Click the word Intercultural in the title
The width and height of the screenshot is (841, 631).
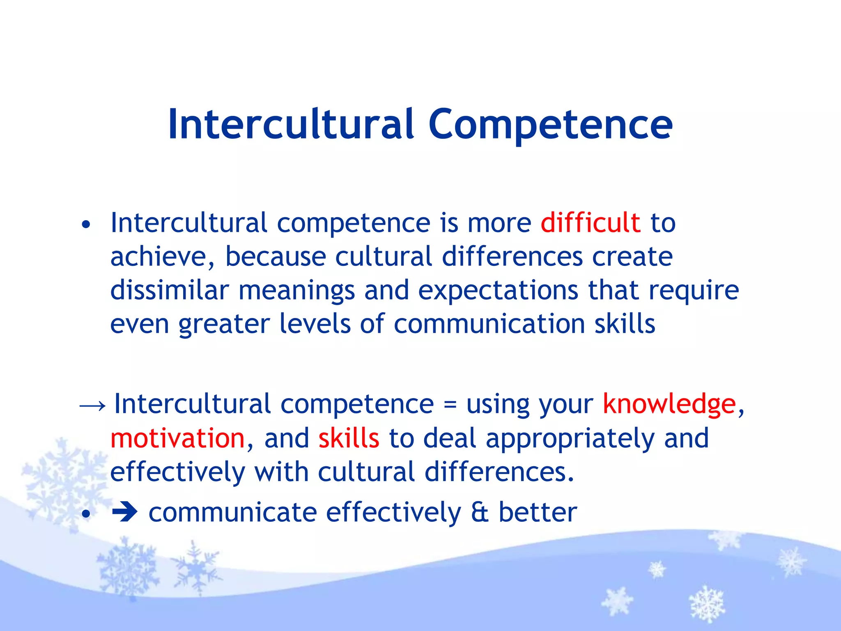(291, 124)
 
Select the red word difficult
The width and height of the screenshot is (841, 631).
(590, 223)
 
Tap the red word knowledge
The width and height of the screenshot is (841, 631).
(669, 404)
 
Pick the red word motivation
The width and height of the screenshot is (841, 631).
(177, 438)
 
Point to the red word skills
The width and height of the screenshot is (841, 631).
(349, 438)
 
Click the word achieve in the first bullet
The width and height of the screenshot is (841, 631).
(162, 257)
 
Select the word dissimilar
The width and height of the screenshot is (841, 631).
(169, 290)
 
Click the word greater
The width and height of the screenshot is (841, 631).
(224, 325)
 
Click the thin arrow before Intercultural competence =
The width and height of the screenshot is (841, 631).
(92, 406)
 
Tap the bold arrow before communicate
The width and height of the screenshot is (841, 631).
(125, 513)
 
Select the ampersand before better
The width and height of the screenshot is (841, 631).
(480, 513)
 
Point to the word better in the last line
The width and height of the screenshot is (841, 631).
(538, 512)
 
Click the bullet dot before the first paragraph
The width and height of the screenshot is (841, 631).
(85, 225)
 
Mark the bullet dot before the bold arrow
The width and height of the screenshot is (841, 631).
(85, 514)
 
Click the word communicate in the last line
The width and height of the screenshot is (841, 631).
(232, 513)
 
